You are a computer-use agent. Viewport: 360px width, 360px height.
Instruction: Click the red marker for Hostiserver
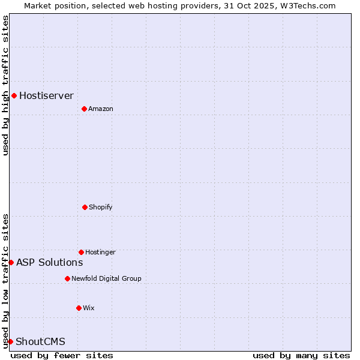14,95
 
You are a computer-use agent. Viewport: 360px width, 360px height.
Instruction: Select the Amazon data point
84,109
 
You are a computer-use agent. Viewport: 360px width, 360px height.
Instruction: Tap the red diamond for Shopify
85,207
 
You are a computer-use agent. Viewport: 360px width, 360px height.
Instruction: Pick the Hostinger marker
81,252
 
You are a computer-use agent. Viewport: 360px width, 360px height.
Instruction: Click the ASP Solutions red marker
11,262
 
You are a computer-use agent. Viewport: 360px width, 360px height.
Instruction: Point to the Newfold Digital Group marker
67,278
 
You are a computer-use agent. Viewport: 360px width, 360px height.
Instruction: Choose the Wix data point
79,308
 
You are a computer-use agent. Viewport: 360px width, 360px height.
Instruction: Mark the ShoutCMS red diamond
10,341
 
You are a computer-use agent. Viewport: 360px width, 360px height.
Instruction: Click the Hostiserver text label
46,95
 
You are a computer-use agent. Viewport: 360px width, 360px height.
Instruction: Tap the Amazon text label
101,109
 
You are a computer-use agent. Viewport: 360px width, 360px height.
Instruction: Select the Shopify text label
101,207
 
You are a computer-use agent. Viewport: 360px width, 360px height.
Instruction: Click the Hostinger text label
100,252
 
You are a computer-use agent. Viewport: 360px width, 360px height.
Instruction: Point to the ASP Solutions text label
49,262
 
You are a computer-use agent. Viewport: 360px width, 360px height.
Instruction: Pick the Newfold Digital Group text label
106,278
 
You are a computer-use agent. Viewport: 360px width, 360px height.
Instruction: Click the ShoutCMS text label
40,341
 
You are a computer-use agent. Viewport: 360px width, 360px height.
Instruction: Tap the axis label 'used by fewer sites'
62,355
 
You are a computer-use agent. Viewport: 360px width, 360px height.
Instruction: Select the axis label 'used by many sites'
301,355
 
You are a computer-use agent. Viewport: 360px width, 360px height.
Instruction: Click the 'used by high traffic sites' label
5,85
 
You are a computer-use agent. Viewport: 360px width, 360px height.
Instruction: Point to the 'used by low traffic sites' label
5,281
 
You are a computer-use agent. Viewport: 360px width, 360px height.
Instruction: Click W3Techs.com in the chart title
305,5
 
